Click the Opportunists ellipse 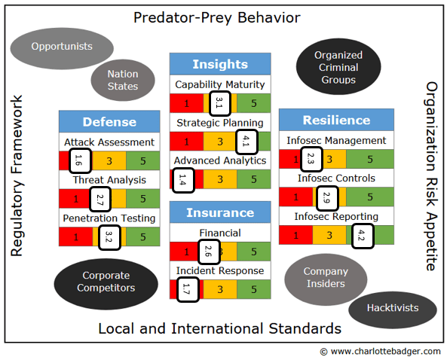coord(62,48)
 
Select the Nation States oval coord(123,80)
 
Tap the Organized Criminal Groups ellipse coord(338,66)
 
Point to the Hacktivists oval coord(393,310)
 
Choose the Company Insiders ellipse coord(326,279)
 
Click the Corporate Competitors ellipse coord(106,284)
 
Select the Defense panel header coord(109,121)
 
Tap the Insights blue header coord(220,64)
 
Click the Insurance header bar coord(220,212)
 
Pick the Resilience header coord(336,120)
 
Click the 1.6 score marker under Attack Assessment coord(80,160)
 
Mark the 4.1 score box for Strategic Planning coord(247,142)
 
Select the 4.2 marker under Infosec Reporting coord(363,236)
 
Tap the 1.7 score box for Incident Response coord(188,289)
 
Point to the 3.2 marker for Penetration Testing coord(109,237)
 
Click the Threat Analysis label coord(109,180)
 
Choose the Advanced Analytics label coord(220,161)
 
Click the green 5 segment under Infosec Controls coord(370,197)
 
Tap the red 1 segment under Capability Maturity coord(187,103)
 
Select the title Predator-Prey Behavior coord(217,17)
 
